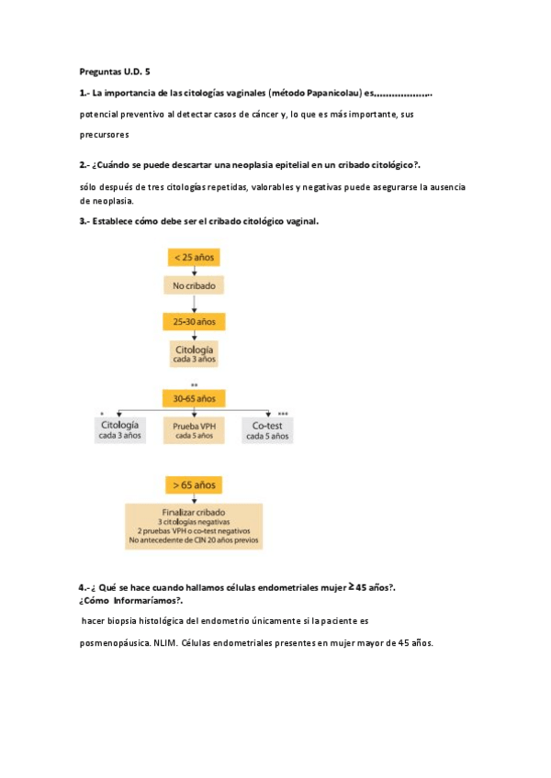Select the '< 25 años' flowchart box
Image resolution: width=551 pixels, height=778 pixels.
tap(195, 258)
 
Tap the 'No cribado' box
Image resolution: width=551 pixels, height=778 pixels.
tap(195, 287)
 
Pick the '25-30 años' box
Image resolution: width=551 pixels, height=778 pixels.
tap(195, 321)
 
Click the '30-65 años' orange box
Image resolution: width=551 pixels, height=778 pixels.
tap(195, 398)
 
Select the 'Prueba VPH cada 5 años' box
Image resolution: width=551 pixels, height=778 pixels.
tap(194, 430)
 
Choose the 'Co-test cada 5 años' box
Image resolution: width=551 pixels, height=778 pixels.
tap(267, 430)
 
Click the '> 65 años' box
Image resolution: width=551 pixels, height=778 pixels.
tap(195, 484)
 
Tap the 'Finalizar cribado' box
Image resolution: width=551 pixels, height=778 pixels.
tap(194, 526)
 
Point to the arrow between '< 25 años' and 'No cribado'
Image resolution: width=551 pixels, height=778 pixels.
tap(195, 272)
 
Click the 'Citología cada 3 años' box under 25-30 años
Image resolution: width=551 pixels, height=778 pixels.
tap(195, 353)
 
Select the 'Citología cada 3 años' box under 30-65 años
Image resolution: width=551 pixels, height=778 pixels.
tap(119, 430)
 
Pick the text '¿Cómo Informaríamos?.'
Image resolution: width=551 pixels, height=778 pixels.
tap(131, 600)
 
